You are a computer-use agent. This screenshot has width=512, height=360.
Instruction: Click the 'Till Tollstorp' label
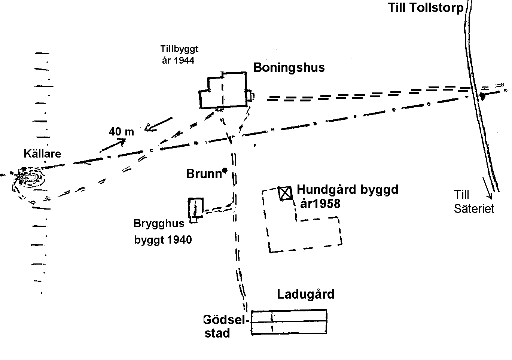click(x=426, y=8)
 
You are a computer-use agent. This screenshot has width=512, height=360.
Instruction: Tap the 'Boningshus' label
click(x=289, y=68)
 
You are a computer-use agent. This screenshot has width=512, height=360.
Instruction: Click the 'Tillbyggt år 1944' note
click(x=179, y=55)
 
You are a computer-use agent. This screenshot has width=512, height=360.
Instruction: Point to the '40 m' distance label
click(x=121, y=132)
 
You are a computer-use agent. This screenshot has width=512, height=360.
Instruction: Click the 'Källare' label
click(x=43, y=153)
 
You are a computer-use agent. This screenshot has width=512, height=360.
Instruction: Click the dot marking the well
click(x=225, y=170)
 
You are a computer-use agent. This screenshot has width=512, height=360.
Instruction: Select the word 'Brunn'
click(x=204, y=174)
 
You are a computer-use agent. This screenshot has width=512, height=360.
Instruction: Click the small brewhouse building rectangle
click(x=189, y=208)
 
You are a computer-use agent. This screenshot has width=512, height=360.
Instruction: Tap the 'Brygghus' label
click(x=159, y=223)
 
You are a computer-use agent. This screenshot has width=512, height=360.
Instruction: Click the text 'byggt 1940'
click(x=163, y=240)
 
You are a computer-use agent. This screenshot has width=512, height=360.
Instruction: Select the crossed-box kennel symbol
click(x=285, y=193)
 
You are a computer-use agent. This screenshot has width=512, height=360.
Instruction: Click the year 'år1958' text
click(x=320, y=204)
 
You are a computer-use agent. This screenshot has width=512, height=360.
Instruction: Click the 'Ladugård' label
click(x=306, y=294)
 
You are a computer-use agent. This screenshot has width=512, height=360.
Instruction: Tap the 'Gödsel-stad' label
click(x=226, y=326)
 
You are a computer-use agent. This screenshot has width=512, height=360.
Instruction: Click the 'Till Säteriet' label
click(x=473, y=202)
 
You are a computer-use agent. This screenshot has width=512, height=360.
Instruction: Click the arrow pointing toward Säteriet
click(x=487, y=188)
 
